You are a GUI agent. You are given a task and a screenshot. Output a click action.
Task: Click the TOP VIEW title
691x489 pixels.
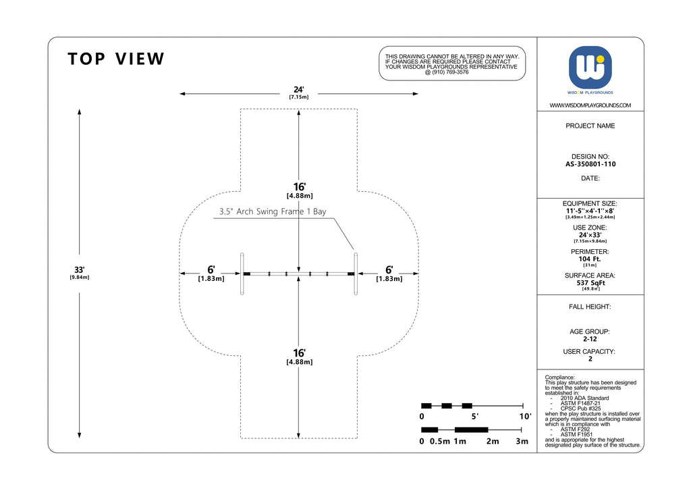pyautogui.click(x=116, y=59)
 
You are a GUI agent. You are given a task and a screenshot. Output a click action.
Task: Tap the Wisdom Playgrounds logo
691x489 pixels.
pyautogui.click(x=590, y=68)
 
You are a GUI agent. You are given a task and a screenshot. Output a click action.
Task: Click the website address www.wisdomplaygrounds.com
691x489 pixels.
pyautogui.click(x=590, y=105)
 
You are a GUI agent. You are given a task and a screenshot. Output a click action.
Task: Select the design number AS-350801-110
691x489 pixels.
pyautogui.click(x=590, y=164)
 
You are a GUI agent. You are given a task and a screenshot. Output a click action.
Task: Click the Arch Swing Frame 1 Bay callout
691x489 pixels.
pyautogui.click(x=273, y=211)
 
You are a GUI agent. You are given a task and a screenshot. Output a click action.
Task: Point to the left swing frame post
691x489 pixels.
pyautogui.click(x=242, y=274)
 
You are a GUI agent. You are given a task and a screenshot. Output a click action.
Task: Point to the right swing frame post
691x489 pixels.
pyautogui.click(x=356, y=274)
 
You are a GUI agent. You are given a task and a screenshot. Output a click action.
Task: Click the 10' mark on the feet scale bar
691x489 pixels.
pyautogui.click(x=525, y=416)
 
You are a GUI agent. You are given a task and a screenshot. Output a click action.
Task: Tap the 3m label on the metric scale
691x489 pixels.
pyautogui.click(x=522, y=441)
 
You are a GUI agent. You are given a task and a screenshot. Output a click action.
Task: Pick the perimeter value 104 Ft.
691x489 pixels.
pyautogui.click(x=590, y=259)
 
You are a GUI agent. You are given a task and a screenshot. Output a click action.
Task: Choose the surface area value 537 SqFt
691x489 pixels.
pyautogui.click(x=590, y=283)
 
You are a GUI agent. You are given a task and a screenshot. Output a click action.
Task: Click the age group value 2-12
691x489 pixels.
pyautogui.click(x=590, y=339)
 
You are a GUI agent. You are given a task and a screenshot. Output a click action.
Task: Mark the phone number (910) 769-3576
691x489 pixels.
pyautogui.click(x=450, y=72)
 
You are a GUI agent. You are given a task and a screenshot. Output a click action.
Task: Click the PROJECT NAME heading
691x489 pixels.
pyautogui.click(x=590, y=126)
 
